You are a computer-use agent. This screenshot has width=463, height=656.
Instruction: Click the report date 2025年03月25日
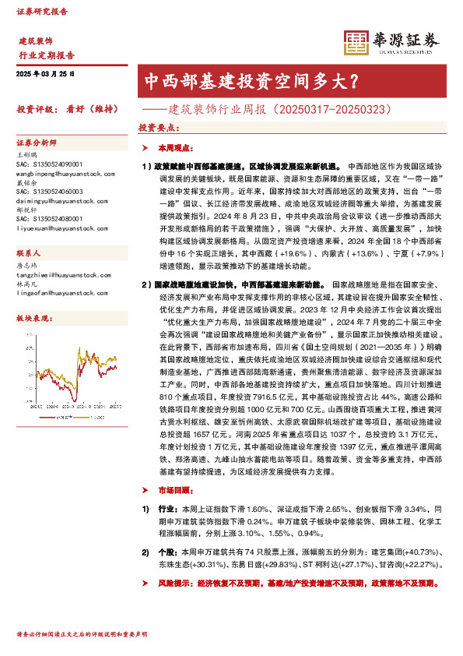pos(45,72)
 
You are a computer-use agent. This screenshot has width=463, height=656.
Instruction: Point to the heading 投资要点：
pos(158,126)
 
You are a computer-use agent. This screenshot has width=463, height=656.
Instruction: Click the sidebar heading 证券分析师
pos(37,143)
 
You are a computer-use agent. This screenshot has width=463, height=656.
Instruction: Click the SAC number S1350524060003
pos(49,192)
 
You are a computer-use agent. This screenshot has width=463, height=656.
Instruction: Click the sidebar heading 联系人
pos(29,254)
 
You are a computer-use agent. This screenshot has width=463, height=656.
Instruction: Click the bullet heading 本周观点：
pos(173,147)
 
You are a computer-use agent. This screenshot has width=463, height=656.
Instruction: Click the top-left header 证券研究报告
pos(42,12)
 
